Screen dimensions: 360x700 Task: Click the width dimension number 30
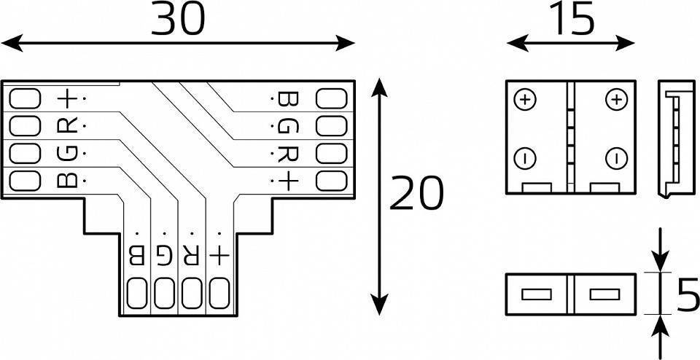pyautogui.click(x=179, y=20)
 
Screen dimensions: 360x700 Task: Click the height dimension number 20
pyautogui.click(x=416, y=194)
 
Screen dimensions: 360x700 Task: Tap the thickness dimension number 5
pyautogui.click(x=685, y=294)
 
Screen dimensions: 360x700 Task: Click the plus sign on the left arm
pyautogui.click(x=67, y=98)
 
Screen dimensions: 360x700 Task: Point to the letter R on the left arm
pyautogui.click(x=67, y=125)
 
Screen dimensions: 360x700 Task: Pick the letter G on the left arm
pyautogui.click(x=67, y=152)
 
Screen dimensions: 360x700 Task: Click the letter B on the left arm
pyautogui.click(x=67, y=179)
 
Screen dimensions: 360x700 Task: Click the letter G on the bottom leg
pyautogui.click(x=164, y=255)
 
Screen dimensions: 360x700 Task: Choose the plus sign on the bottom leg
pyautogui.click(x=218, y=255)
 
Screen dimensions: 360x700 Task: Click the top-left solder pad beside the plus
pyautogui.click(x=25, y=98)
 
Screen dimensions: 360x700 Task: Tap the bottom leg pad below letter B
pyautogui.click(x=136, y=294)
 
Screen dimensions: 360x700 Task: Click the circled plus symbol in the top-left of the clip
pyautogui.click(x=526, y=98)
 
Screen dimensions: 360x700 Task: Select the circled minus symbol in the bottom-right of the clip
pyautogui.click(x=616, y=157)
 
